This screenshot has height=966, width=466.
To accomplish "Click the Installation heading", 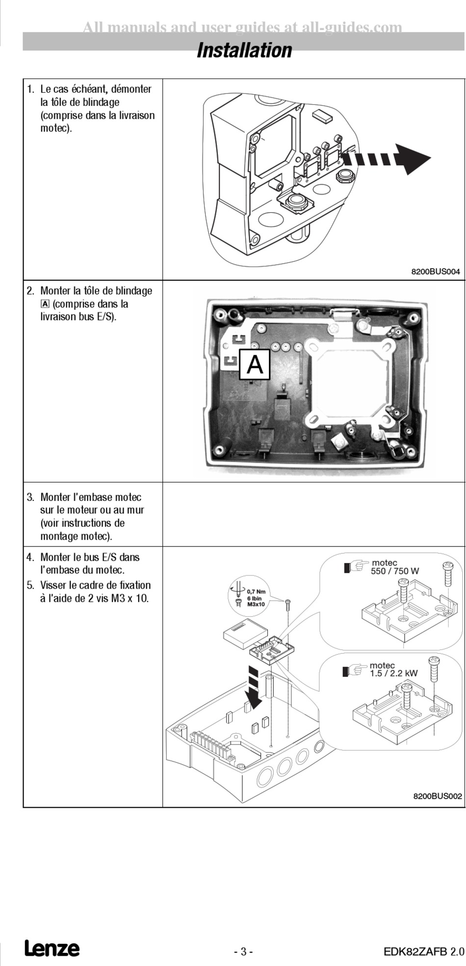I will pyautogui.click(x=244, y=50).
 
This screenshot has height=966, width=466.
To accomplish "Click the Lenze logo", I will pyautogui.click(x=52, y=949).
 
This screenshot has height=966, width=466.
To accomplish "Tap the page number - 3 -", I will pyautogui.click(x=243, y=952).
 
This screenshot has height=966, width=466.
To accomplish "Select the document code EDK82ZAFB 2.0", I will pyautogui.click(x=423, y=952).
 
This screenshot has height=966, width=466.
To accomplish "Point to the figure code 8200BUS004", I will pyautogui.click(x=436, y=272).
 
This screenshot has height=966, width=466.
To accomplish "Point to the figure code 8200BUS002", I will pyautogui.click(x=438, y=796).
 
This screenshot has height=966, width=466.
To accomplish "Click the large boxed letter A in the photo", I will pyautogui.click(x=255, y=365).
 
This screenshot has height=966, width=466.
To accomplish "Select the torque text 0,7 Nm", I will pyautogui.click(x=256, y=592).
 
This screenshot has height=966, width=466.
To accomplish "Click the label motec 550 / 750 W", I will pyautogui.click(x=394, y=567).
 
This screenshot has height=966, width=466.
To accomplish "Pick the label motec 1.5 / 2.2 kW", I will pyautogui.click(x=393, y=669).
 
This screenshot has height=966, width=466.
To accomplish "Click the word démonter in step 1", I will pyautogui.click(x=131, y=89).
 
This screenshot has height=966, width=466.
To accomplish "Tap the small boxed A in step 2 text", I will pyautogui.click(x=46, y=304).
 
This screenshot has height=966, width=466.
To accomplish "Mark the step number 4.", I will pyautogui.click(x=30, y=557).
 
